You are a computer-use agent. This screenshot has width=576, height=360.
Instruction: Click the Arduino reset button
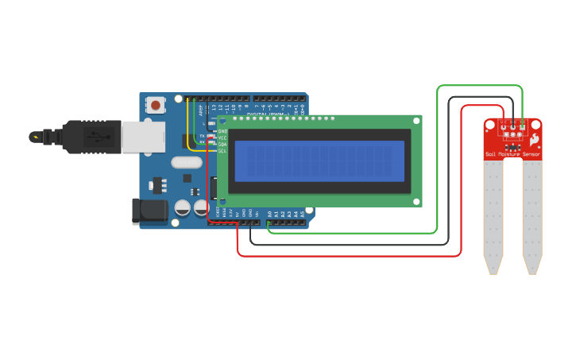tap(156, 104)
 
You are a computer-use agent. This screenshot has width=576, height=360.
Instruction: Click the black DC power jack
tap(149, 211)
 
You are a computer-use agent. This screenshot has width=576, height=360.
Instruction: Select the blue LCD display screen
tap(319, 161)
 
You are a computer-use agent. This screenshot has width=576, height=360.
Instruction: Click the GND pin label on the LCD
tap(222, 131)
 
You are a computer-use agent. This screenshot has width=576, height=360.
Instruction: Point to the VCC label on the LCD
tap(222, 137)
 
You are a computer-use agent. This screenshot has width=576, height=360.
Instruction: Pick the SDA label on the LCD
tap(222, 144)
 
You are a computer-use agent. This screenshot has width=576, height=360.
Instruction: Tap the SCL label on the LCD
tap(222, 150)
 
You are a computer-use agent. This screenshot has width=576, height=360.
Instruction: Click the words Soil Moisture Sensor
tap(512, 154)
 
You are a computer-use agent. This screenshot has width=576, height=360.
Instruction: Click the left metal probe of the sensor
tap(493, 215)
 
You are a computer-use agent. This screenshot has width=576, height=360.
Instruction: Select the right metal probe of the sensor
tap(532, 215)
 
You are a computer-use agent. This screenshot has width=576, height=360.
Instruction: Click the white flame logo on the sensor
tap(534, 140)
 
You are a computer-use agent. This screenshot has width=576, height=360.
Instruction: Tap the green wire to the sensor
tap(438, 159)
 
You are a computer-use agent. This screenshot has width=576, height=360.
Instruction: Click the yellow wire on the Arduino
tap(187, 127)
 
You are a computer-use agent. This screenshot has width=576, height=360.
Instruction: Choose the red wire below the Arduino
tap(350, 256)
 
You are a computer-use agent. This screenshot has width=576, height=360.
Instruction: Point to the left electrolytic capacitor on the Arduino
tap(183, 207)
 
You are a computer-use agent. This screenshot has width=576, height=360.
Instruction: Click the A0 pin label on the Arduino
tap(270, 214)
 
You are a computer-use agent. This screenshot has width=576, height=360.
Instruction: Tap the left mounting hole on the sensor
tap(490, 125)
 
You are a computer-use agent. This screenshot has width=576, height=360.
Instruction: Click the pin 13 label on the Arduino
tap(213, 106)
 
